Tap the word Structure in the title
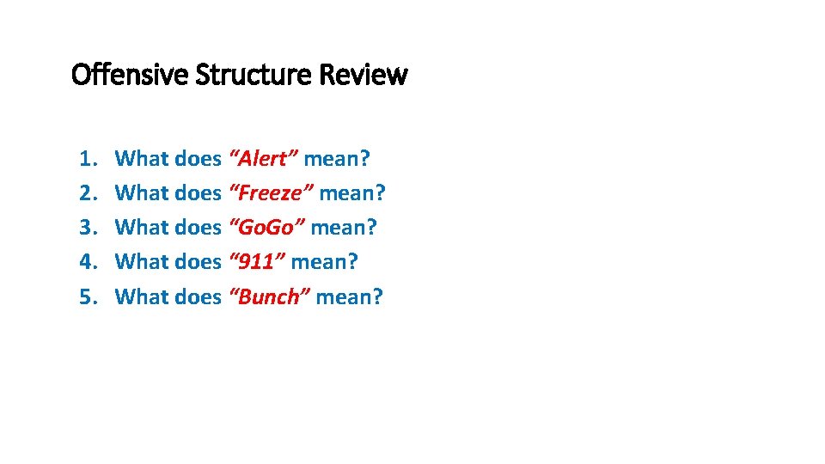(x=254, y=76)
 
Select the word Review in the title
(x=363, y=76)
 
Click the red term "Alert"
(x=264, y=159)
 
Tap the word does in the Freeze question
(x=198, y=193)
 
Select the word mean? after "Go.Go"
(x=344, y=228)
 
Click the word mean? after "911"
(x=324, y=262)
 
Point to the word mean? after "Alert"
(x=337, y=159)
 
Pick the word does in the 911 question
(x=198, y=262)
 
